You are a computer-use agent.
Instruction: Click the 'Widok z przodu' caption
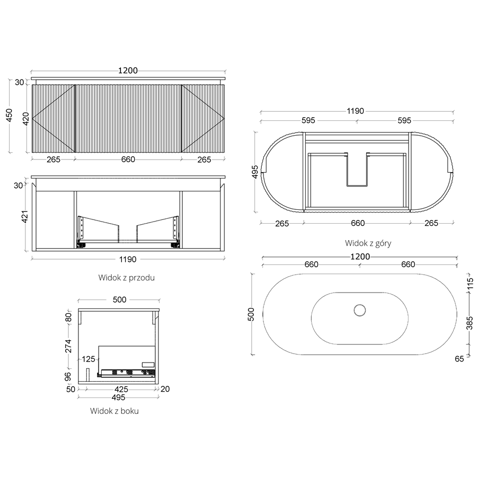click(126, 278)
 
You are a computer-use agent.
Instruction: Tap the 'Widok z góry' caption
click(368, 243)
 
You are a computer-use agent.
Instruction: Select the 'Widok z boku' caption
click(114, 411)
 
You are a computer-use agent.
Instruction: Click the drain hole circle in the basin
click(359, 310)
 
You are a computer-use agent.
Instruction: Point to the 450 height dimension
click(10, 116)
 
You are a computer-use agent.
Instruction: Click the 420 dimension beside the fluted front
click(26, 119)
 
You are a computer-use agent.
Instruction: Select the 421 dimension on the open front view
click(25, 216)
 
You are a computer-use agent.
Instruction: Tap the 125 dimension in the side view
click(89, 359)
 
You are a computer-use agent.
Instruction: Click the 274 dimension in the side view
click(68, 346)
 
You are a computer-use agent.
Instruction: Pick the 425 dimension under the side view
click(121, 389)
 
